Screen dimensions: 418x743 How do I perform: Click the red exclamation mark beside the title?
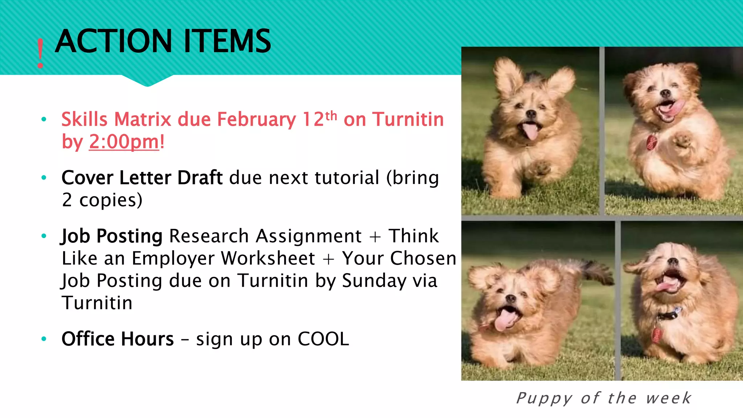click(x=40, y=53)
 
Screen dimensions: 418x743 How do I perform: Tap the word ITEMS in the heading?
click(x=227, y=41)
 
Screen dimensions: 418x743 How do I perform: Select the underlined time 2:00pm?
click(x=124, y=142)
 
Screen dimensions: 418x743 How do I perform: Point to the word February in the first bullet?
click(x=256, y=119)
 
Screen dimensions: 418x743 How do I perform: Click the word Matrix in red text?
click(x=143, y=119)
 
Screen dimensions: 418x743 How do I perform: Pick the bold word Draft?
click(x=200, y=178)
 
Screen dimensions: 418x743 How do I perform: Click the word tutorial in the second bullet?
click(x=347, y=178)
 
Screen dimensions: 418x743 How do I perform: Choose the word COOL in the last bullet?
click(x=323, y=339)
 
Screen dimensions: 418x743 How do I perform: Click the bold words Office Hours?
click(x=118, y=339)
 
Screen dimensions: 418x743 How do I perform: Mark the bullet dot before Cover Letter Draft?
click(x=44, y=178)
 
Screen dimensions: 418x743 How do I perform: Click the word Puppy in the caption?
click(x=544, y=398)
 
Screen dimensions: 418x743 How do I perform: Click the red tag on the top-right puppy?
click(x=652, y=142)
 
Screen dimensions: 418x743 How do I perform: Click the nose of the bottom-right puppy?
click(x=673, y=261)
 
